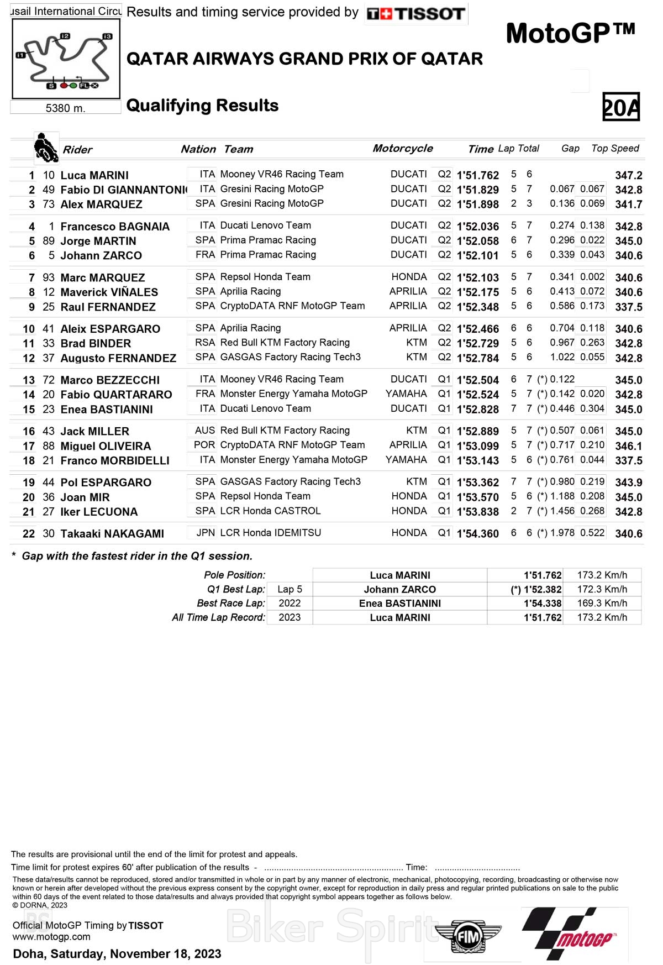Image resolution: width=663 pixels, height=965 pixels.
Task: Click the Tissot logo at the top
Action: click(416, 14)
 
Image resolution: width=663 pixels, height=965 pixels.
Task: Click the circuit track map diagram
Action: click(66, 59)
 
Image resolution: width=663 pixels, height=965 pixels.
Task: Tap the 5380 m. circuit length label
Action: click(65, 108)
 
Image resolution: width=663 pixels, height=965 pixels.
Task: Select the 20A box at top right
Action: click(621, 107)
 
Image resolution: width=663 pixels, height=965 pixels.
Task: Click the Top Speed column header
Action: click(615, 149)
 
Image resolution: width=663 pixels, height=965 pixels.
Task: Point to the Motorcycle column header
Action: click(403, 148)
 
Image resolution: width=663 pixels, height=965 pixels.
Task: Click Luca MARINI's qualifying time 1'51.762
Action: click(478, 175)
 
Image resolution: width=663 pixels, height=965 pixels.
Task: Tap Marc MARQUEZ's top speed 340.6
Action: click(629, 277)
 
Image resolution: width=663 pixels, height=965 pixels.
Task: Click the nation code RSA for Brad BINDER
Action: click(205, 343)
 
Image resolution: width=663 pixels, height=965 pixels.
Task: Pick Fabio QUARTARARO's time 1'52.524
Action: click(478, 395)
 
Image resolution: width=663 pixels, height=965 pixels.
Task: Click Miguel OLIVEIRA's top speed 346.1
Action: click(629, 446)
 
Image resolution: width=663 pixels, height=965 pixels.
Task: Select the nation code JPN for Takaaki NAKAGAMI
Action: click(206, 533)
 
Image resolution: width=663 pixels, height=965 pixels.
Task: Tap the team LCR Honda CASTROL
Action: click(270, 511)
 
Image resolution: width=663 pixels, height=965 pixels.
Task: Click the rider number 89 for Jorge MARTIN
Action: click(49, 241)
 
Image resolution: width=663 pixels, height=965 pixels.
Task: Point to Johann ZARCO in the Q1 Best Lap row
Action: click(399, 590)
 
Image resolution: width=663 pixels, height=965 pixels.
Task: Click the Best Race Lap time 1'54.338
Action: click(543, 604)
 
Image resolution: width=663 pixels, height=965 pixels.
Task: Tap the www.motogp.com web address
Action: click(51, 937)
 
